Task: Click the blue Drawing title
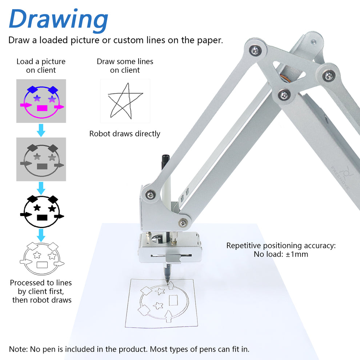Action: [x=58, y=19]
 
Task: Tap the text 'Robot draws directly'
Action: [x=125, y=134]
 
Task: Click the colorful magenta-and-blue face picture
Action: [x=41, y=101]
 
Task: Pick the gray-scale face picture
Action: [x=41, y=159]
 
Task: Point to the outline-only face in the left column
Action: [x=41, y=258]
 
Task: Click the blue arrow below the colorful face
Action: [x=41, y=130]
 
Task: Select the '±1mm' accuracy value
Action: [x=296, y=254]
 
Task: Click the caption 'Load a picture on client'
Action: [x=41, y=66]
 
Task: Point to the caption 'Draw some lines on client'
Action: [x=125, y=66]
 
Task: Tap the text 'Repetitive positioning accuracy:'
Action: [x=281, y=245]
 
